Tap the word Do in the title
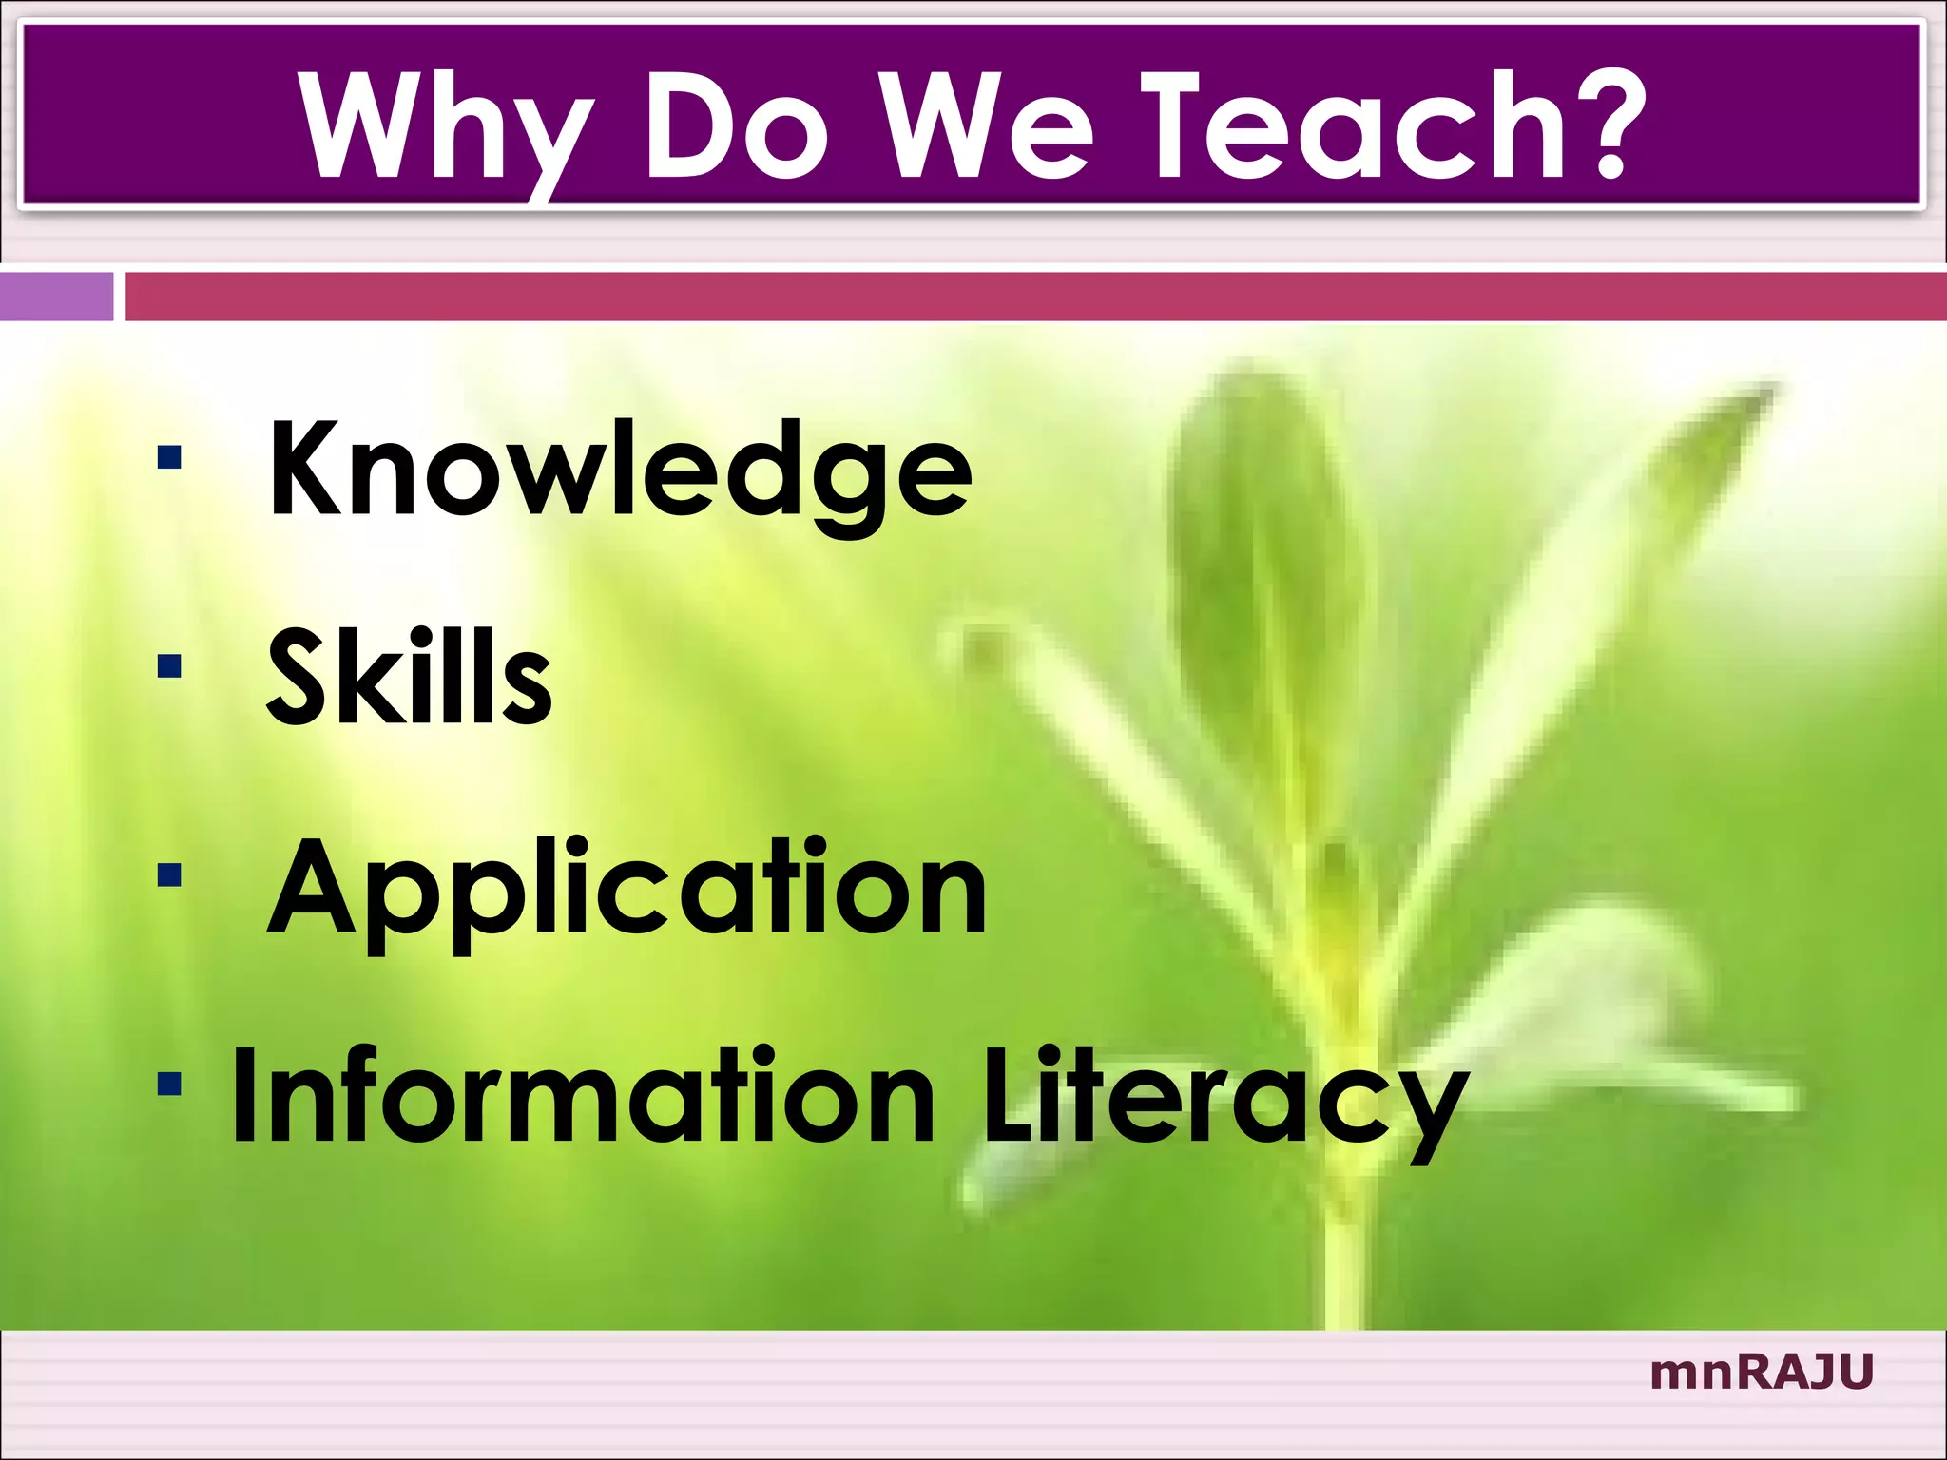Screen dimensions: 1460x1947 coord(737,128)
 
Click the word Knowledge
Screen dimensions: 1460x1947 coord(620,471)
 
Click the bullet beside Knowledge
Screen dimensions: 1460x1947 coord(170,458)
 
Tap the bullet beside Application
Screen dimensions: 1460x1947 coord(170,874)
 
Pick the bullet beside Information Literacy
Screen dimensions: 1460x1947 coord(170,1083)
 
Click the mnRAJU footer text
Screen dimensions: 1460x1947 coord(1761,1373)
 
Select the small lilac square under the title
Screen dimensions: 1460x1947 coord(56,297)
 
